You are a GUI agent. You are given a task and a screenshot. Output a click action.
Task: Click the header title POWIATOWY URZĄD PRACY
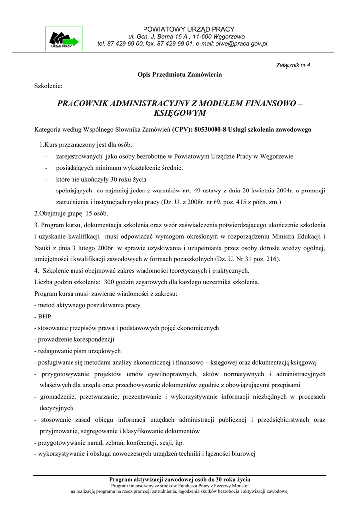coord(189,29)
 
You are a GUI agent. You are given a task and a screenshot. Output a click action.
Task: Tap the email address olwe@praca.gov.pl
coord(241,44)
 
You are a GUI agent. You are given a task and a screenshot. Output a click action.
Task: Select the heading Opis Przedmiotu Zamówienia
coord(180,75)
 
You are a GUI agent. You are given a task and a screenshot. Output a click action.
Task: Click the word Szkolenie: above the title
coord(48,86)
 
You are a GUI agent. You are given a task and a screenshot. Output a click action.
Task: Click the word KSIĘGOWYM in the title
coord(180,114)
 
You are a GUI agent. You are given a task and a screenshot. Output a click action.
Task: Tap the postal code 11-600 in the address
coord(199,37)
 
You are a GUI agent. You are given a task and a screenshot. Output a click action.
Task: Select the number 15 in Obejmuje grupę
coord(90,213)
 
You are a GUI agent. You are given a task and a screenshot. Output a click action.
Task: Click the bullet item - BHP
coord(42,317)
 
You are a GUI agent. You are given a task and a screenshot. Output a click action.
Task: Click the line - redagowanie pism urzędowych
coord(77,351)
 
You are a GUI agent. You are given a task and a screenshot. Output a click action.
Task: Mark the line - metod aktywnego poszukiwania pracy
coord(87,305)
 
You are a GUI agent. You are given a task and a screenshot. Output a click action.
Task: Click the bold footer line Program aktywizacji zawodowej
coord(180,479)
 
